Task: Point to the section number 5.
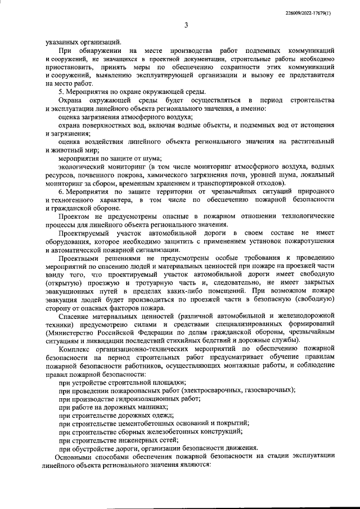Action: click(x=61, y=91)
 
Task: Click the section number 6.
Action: click(x=61, y=191)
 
